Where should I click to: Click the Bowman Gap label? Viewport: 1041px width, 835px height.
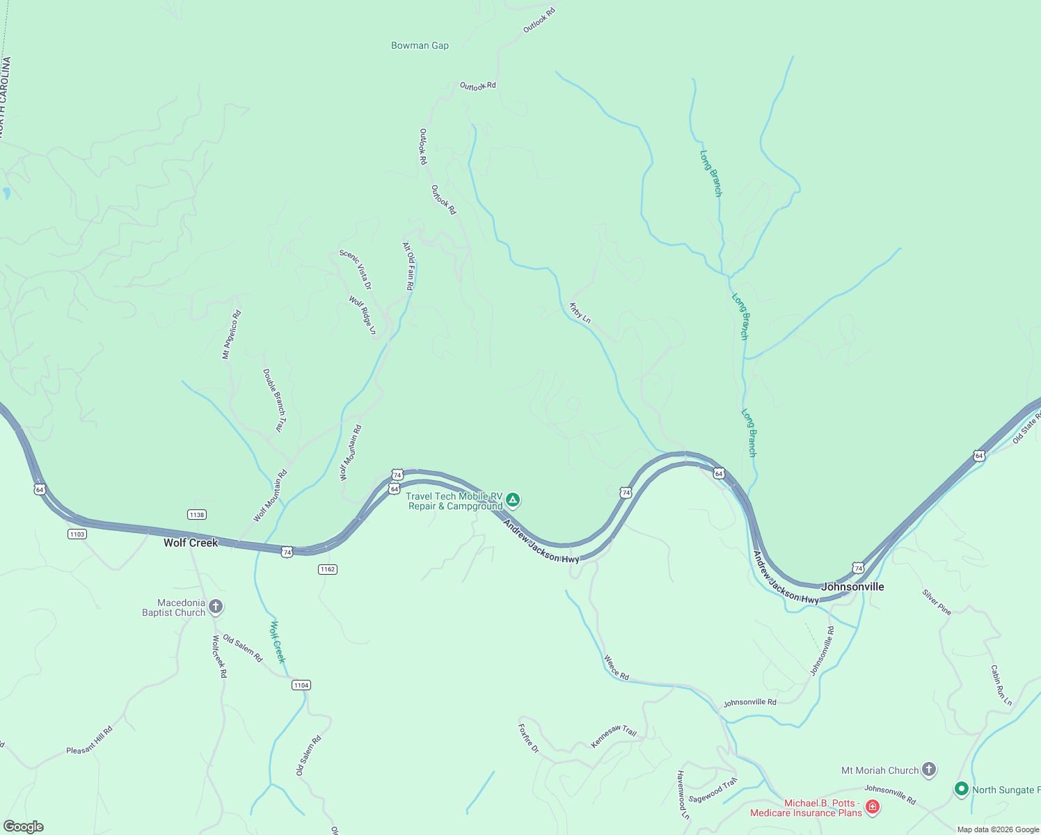(x=420, y=46)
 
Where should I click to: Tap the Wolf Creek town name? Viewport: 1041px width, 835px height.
(x=191, y=543)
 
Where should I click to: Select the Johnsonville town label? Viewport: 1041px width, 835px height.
(x=852, y=587)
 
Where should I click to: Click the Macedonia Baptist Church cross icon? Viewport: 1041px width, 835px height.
(x=216, y=607)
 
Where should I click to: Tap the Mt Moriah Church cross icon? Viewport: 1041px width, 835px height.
(x=929, y=770)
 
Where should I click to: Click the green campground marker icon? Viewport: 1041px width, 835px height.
(x=513, y=500)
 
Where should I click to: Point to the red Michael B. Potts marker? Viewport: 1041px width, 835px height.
(x=872, y=807)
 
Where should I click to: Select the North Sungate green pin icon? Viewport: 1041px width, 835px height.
(x=962, y=789)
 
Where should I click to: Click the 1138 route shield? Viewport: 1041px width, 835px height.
(x=197, y=515)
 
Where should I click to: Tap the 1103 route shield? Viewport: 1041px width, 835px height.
(x=77, y=534)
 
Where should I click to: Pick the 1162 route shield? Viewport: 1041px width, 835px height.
(x=328, y=569)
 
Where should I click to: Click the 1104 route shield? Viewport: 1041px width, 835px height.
(x=301, y=685)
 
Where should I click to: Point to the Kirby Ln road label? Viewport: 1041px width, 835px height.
(x=580, y=313)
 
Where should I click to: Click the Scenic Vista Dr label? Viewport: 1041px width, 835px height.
(x=356, y=269)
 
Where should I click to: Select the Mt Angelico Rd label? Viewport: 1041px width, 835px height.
(x=232, y=335)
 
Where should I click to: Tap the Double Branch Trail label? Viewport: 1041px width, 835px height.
(x=274, y=401)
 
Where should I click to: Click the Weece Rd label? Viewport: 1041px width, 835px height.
(x=617, y=667)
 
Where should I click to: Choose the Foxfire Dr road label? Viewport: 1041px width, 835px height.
(x=529, y=738)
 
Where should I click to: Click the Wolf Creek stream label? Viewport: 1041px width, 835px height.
(x=278, y=642)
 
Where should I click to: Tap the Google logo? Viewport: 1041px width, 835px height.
(x=23, y=827)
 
